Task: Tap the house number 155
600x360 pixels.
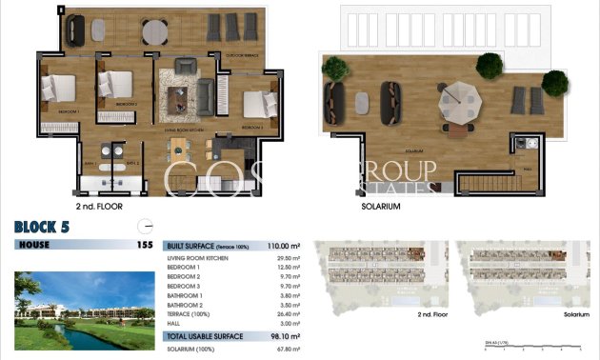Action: pyautogui.click(x=145, y=245)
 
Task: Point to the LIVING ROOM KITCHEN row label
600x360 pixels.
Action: pyautogui.click(x=199, y=256)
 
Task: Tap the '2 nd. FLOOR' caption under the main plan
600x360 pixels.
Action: pyautogui.click(x=99, y=206)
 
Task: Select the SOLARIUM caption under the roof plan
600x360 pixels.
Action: pyautogui.click(x=381, y=206)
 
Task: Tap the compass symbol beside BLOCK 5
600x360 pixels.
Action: pyautogui.click(x=145, y=226)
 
